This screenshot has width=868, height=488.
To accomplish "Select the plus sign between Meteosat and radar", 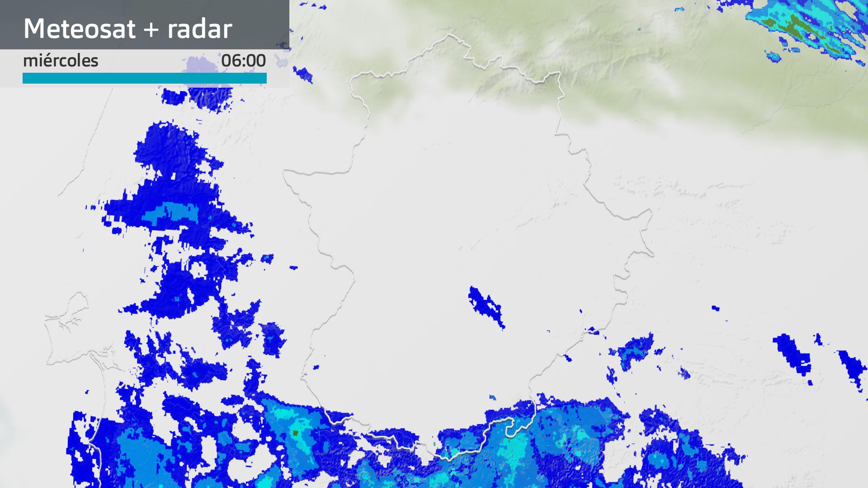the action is [x=152, y=30].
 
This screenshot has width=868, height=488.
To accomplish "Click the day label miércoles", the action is [x=61, y=61].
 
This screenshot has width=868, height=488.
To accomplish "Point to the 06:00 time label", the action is [x=243, y=61].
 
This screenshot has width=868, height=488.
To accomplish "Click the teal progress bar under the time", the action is [x=145, y=78].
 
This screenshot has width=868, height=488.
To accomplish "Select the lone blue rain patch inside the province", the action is [x=486, y=305].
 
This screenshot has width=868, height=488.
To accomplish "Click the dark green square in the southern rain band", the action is [x=296, y=433].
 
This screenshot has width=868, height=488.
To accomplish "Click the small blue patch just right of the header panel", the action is [x=303, y=74].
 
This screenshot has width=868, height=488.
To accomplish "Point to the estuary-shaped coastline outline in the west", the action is [x=68, y=316].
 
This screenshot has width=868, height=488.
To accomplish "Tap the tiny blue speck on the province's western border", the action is [x=316, y=367].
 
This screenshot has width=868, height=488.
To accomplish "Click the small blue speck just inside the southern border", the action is [x=492, y=398].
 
